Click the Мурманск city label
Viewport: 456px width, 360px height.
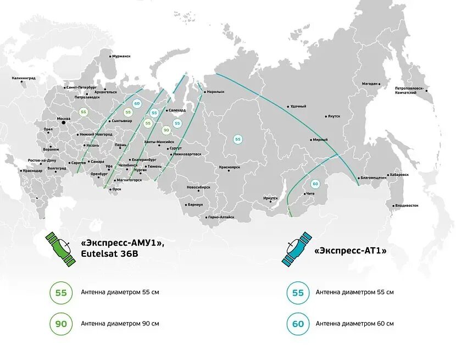(x=121, y=56)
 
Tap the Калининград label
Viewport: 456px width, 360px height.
(x=24, y=79)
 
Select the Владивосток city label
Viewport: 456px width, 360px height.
(x=406, y=206)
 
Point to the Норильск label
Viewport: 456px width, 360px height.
(x=215, y=92)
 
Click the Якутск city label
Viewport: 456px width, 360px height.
(x=333, y=116)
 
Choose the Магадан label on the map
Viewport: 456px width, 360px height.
(x=370, y=84)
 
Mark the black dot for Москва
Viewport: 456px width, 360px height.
(x=63, y=123)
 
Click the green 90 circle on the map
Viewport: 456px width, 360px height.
(x=166, y=130)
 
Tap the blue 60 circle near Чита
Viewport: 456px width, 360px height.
(x=315, y=184)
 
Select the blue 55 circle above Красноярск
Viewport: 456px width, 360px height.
(x=238, y=140)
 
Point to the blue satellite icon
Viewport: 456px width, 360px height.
(x=297, y=248)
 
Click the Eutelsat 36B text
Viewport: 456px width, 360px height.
(x=110, y=254)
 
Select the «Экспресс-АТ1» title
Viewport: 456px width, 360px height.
(x=351, y=250)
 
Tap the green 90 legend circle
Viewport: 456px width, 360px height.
(x=61, y=324)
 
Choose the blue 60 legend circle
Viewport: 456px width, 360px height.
(x=298, y=324)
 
